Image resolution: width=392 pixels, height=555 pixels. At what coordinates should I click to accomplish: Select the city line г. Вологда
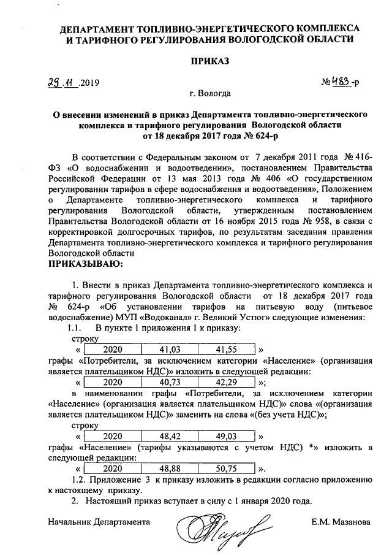pyautogui.click(x=210, y=94)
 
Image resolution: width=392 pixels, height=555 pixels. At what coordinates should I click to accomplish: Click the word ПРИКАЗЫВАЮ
pyautogui.click(x=85, y=264)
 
